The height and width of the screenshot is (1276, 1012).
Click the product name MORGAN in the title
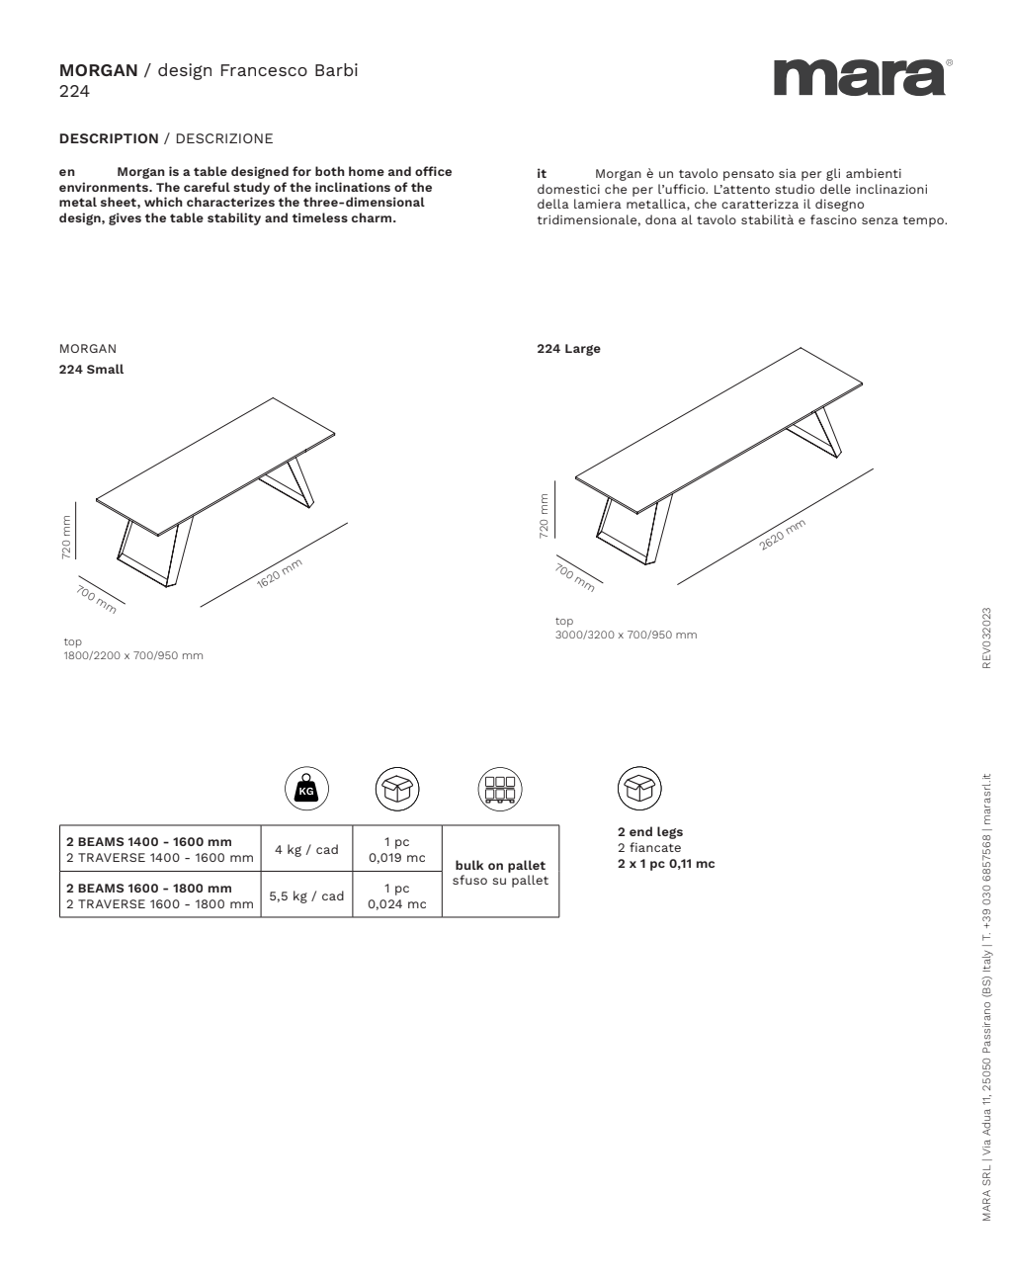pos(98,70)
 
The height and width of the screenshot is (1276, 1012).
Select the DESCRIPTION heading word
pos(109,138)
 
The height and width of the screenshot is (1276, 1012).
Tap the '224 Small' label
pos(91,370)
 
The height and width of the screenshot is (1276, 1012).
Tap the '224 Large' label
pos(568,349)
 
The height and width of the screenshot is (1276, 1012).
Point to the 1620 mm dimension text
pos(279,574)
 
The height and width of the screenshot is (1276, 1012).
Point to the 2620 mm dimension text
pos(783,534)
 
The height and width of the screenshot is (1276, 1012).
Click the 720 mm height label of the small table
pos(66,537)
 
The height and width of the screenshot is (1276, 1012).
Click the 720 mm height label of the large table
pos(544,516)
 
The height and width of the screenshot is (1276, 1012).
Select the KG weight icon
pos(306,789)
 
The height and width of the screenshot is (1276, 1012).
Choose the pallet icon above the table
pos(500,789)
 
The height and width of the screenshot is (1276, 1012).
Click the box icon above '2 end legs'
pos(639,789)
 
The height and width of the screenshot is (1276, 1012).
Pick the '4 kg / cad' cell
pos(306,849)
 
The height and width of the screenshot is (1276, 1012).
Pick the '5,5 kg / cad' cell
pos(306,895)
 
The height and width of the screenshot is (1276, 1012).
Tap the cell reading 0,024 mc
pos(397,903)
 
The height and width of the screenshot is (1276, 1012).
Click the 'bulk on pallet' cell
pos(500,872)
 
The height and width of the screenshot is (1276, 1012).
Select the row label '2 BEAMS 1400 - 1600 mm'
pos(148,842)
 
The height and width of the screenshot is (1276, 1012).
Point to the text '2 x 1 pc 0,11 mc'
pos(665,864)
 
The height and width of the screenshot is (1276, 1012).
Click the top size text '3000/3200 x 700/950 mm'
pos(626,635)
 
